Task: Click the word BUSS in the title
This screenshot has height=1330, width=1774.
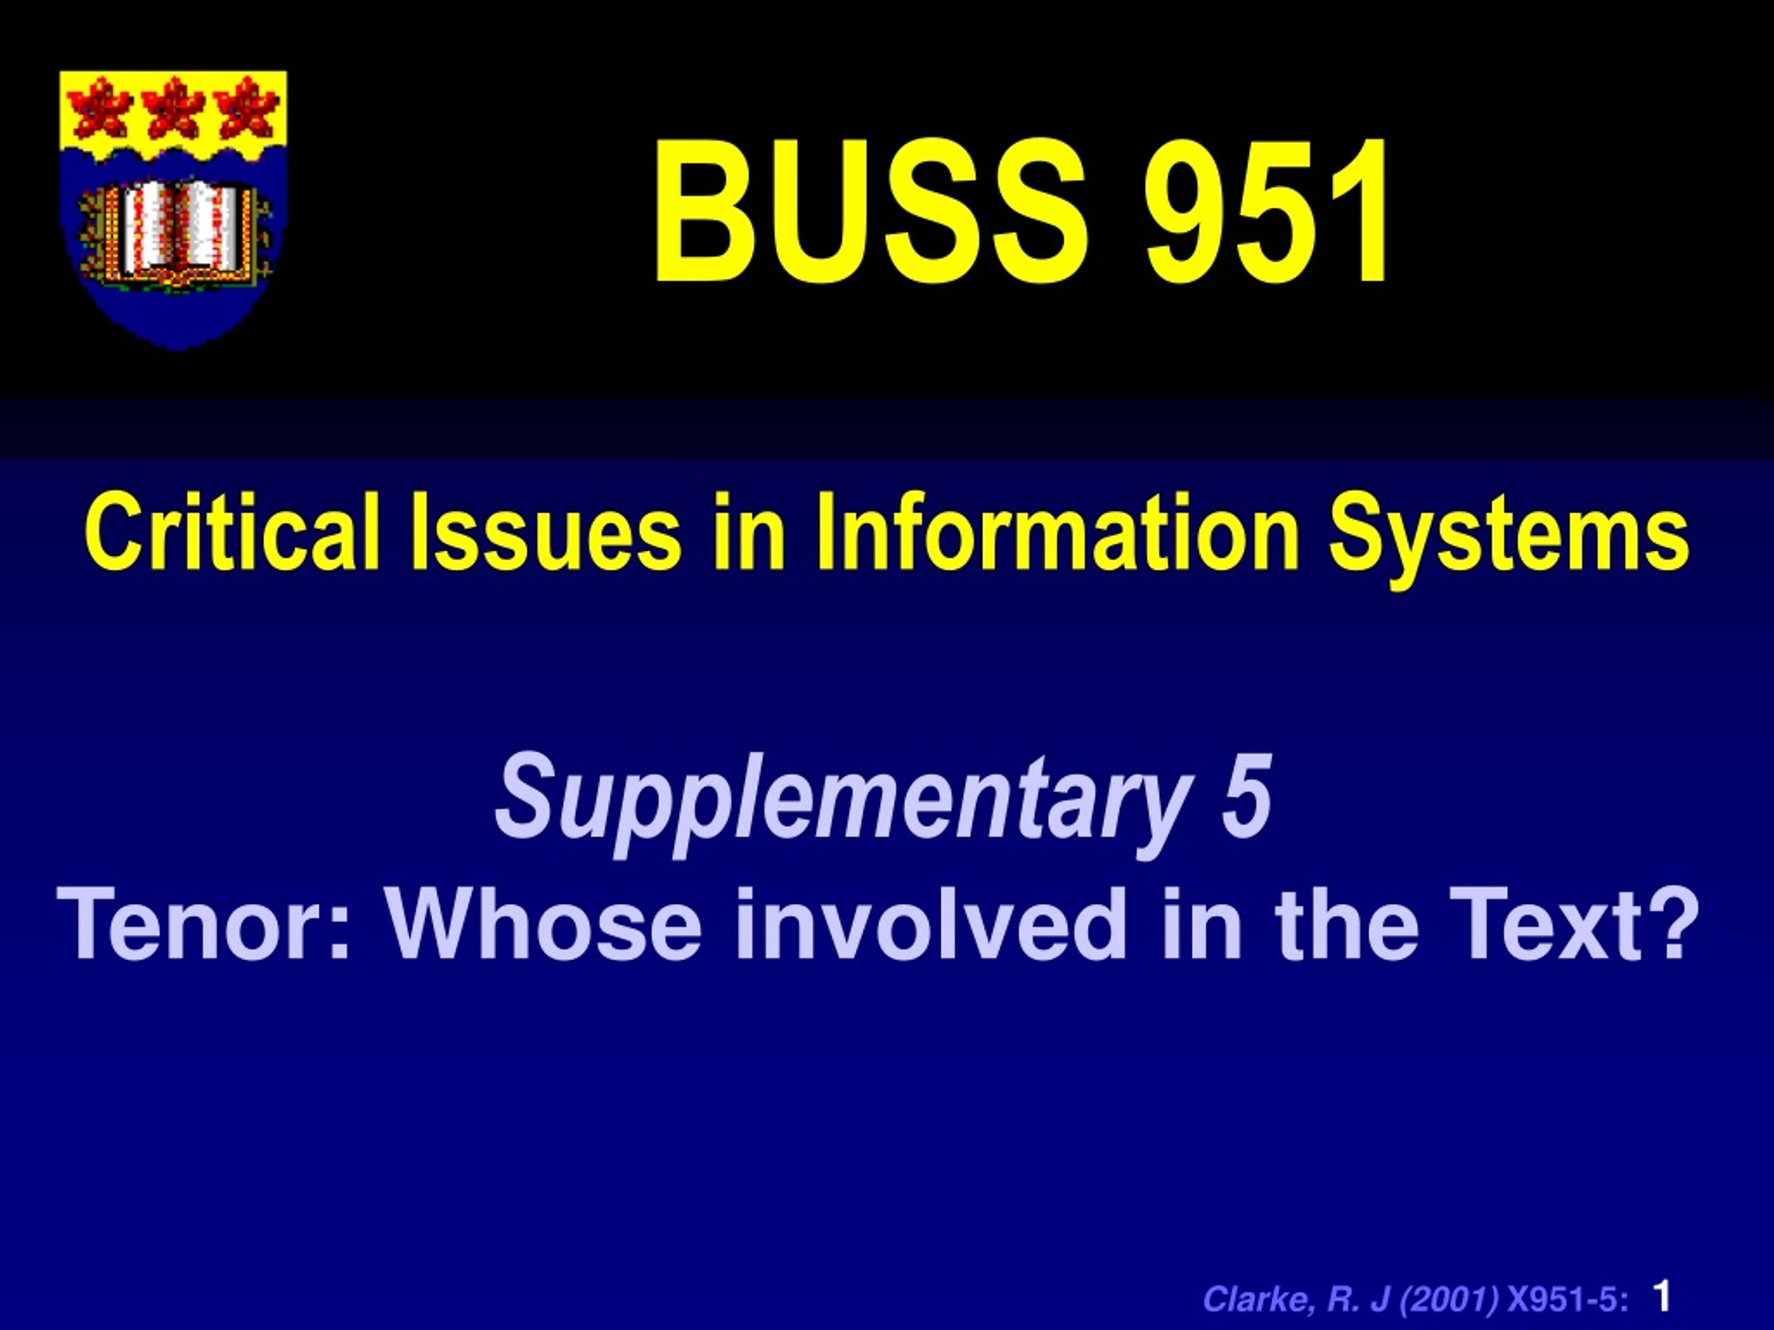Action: click(x=870, y=212)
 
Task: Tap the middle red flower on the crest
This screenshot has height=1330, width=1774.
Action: click(x=174, y=108)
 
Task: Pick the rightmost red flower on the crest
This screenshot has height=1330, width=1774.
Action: click(x=247, y=108)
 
